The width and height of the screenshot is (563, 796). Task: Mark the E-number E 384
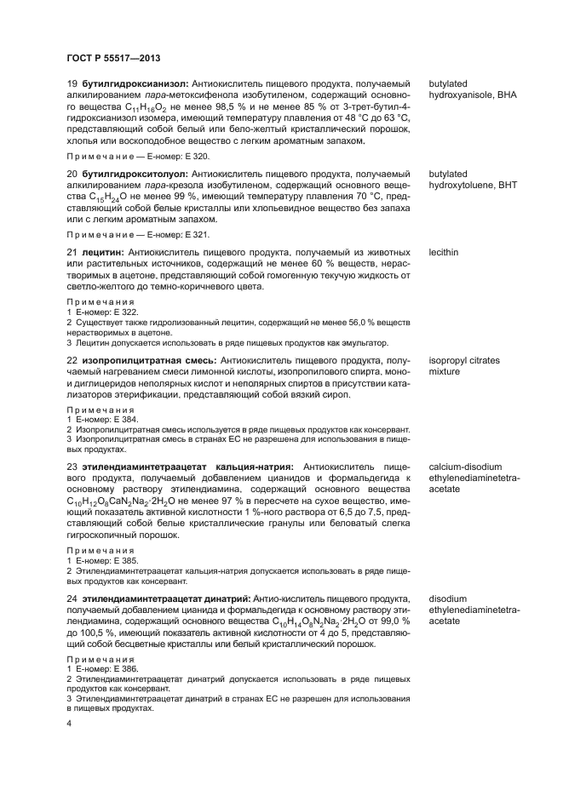[x=115, y=420]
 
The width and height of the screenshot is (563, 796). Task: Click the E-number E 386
[x=115, y=670]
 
